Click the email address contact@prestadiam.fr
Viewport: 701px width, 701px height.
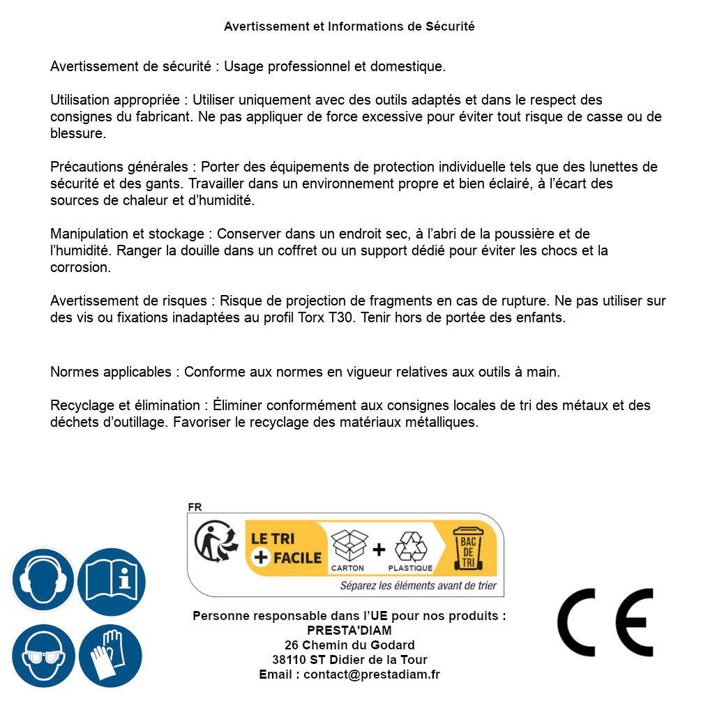tap(372, 674)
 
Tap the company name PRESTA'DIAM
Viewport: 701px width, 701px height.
tap(349, 631)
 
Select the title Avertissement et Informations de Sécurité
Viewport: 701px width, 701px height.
tap(349, 27)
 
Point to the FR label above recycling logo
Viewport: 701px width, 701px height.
tap(195, 507)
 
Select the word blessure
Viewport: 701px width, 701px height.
tap(78, 133)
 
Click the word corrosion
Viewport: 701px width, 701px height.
tap(80, 267)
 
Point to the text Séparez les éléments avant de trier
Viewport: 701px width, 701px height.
tap(418, 585)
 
